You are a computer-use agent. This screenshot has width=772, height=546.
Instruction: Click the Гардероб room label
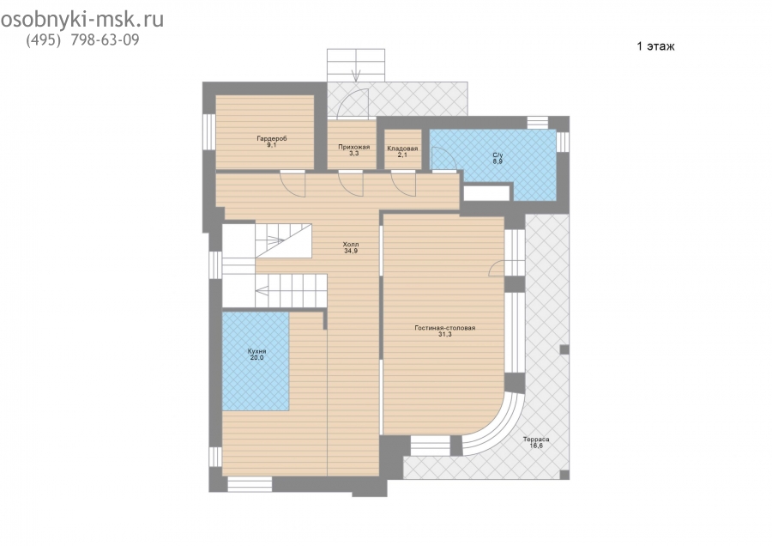pyautogui.click(x=271, y=138)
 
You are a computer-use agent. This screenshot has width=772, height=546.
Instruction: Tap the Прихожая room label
pyautogui.click(x=353, y=147)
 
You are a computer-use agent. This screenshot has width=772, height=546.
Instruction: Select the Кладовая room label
pyautogui.click(x=402, y=149)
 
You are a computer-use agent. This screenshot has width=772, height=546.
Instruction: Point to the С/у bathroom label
pyautogui.click(x=498, y=155)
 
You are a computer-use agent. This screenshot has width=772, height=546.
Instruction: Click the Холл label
pyautogui.click(x=351, y=245)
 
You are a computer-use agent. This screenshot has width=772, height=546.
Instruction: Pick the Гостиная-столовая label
pyautogui.click(x=444, y=328)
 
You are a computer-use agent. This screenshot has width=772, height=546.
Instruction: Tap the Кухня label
pyautogui.click(x=256, y=351)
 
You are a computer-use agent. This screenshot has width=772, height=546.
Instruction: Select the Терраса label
pyautogui.click(x=535, y=439)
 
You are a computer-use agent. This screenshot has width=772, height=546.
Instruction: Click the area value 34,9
pyautogui.click(x=351, y=251)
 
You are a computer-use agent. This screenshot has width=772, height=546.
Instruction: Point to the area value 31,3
pyautogui.click(x=444, y=334)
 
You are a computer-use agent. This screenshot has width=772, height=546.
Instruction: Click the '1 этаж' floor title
pyautogui.click(x=655, y=46)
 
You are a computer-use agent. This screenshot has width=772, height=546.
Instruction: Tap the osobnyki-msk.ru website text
pyautogui.click(x=82, y=21)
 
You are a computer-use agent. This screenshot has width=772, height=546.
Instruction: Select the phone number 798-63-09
pyautogui.click(x=105, y=39)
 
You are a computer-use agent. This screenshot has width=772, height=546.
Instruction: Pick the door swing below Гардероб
pyautogui.click(x=293, y=184)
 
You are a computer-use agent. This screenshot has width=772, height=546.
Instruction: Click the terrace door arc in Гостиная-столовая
pyautogui.click(x=497, y=268)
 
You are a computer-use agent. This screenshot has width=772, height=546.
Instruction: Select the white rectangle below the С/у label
pyautogui.click(x=486, y=192)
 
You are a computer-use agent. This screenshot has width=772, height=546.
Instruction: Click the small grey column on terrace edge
pyautogui.click(x=564, y=349)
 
